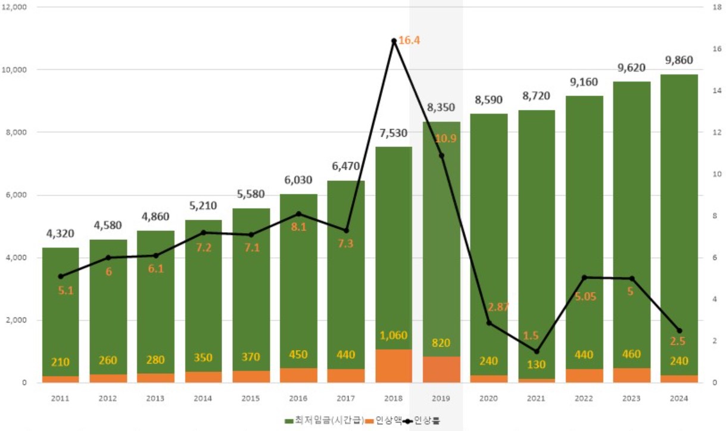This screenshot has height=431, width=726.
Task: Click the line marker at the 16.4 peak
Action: (x=394, y=41)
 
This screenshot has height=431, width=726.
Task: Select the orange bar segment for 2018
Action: (x=394, y=366)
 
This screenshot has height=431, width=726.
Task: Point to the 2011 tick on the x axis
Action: (x=60, y=398)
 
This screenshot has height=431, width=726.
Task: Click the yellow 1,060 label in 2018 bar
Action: (x=394, y=335)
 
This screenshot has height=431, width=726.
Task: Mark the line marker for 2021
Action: (x=537, y=351)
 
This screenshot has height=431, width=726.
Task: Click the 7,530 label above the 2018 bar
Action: (x=394, y=132)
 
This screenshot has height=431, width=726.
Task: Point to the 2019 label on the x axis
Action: (x=441, y=398)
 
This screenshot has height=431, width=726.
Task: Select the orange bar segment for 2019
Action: (x=441, y=369)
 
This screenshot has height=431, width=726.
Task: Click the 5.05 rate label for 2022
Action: (x=584, y=296)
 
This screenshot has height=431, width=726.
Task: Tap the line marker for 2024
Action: (x=680, y=330)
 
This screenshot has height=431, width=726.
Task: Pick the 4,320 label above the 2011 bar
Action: (x=60, y=233)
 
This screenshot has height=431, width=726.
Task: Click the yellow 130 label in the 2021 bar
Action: (x=537, y=365)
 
